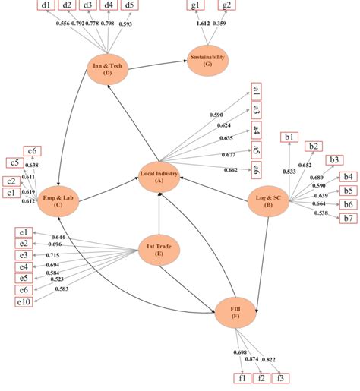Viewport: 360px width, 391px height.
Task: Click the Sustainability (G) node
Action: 208,60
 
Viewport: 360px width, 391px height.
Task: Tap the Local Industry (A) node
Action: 159,177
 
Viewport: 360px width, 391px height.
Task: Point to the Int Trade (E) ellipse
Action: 158,247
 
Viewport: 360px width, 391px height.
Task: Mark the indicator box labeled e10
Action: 25,303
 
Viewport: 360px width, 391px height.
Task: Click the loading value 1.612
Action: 203,24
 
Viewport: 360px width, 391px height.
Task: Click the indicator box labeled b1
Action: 289,137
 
